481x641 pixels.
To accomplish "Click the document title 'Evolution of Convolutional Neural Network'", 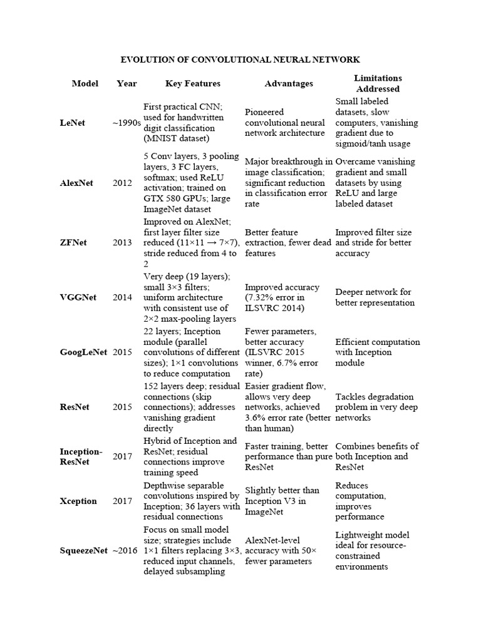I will (x=240, y=59).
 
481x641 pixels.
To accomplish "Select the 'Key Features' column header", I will (x=193, y=83).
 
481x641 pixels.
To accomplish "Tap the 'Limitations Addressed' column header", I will (x=378, y=83).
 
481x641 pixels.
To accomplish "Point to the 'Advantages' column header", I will (x=289, y=83).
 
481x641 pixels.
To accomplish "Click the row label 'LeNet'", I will (x=73, y=123).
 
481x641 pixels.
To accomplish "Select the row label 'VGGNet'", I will (x=78, y=297).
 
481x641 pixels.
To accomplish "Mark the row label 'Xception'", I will (x=78, y=501).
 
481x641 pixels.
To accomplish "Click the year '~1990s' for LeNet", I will (x=127, y=123).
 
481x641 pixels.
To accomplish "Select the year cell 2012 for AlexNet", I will (x=123, y=183).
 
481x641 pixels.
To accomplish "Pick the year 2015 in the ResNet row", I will (x=123, y=407).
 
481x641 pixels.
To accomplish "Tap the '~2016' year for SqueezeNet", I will (x=125, y=551).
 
